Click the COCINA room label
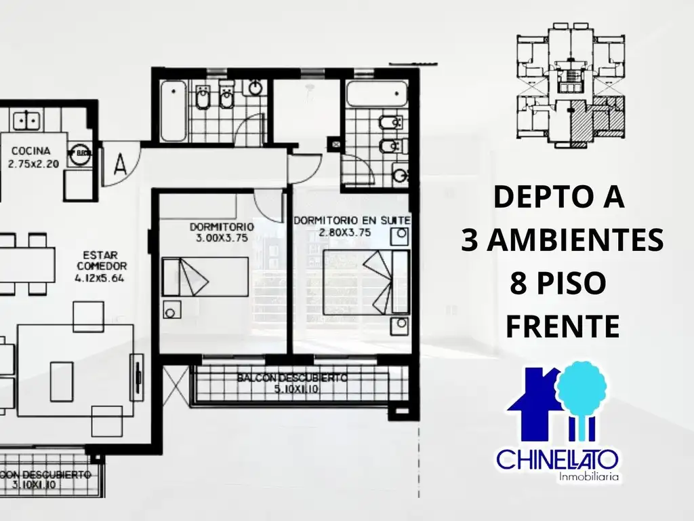click(x=28, y=151)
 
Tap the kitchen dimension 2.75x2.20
click(x=35, y=163)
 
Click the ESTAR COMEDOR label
click(x=102, y=260)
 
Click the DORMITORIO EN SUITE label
click(x=352, y=221)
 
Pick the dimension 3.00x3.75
click(x=222, y=238)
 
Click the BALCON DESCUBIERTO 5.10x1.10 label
click(x=293, y=383)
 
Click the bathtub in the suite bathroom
click(x=376, y=94)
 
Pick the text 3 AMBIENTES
click(x=562, y=239)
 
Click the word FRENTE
click(x=563, y=326)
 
